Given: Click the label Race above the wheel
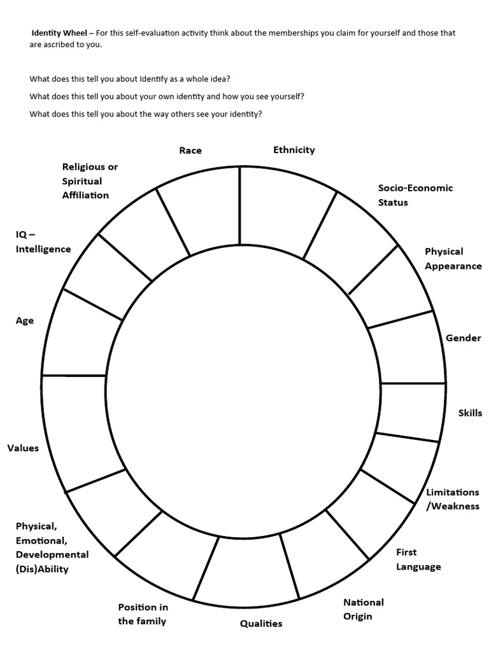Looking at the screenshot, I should click(x=190, y=151).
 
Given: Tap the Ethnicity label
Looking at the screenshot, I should click(x=294, y=150).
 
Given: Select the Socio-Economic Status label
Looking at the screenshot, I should click(x=415, y=195).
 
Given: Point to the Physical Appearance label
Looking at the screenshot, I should click(x=453, y=259).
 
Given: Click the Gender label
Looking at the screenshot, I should click(x=463, y=338).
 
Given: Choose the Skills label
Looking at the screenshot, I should click(x=470, y=413).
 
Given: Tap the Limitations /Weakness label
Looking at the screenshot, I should click(x=452, y=499).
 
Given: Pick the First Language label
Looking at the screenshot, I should click(x=418, y=559).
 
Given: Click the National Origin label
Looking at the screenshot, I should click(x=364, y=609).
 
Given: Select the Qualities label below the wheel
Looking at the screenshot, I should click(x=261, y=624).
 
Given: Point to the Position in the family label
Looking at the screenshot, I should click(x=143, y=614).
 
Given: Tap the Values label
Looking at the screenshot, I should click(x=23, y=448).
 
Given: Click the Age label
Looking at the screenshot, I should click(x=25, y=321).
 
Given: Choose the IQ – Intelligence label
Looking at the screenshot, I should click(x=43, y=242).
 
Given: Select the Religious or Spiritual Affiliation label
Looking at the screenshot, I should click(x=90, y=181).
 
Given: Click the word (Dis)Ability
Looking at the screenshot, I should click(x=42, y=569).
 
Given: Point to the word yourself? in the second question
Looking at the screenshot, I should click(x=287, y=97).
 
